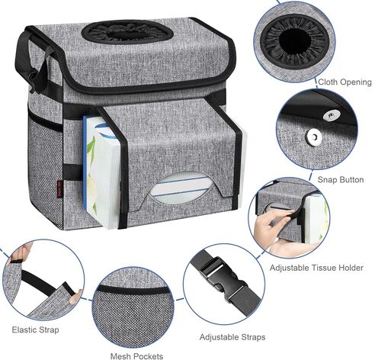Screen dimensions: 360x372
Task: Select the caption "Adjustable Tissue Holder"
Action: (x=316, y=268)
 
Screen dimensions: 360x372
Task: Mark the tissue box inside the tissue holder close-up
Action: (x=314, y=217)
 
